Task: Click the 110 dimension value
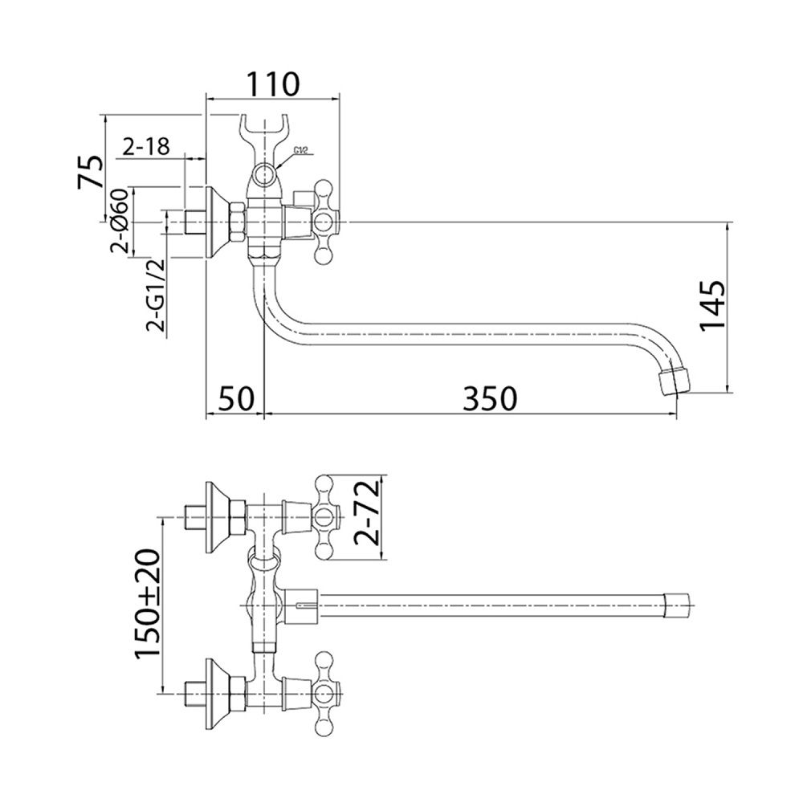[x=273, y=84]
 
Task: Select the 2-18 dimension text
[x=146, y=147]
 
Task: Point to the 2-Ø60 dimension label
[x=119, y=221]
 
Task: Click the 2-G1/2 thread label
[x=156, y=296]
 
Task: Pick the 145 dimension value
[x=712, y=306]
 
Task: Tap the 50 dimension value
[x=237, y=398]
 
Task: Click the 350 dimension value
[x=490, y=398]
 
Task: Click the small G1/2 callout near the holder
[x=300, y=150]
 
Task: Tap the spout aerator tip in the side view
[x=673, y=381]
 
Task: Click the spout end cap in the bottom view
[x=677, y=605]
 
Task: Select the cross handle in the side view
[x=324, y=222]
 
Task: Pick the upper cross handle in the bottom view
[x=324, y=517]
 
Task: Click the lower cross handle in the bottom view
[x=324, y=695]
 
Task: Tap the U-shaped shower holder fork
[x=265, y=137]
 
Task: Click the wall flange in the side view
[x=217, y=222]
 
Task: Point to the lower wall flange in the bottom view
[x=217, y=695]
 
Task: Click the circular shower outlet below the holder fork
[x=265, y=173]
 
